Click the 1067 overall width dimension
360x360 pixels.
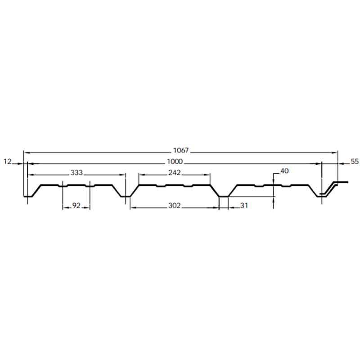[x=181, y=150]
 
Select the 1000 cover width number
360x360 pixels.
[x=175, y=162]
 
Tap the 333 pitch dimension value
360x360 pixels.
[x=76, y=172]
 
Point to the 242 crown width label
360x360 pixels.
[x=175, y=172]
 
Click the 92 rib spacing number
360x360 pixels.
[x=76, y=205]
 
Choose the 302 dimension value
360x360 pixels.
[x=175, y=205]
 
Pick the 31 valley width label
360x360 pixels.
[x=244, y=205]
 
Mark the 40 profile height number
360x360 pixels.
[x=284, y=171]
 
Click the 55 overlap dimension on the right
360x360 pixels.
[x=355, y=162]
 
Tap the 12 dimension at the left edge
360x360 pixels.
[x=7, y=162]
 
